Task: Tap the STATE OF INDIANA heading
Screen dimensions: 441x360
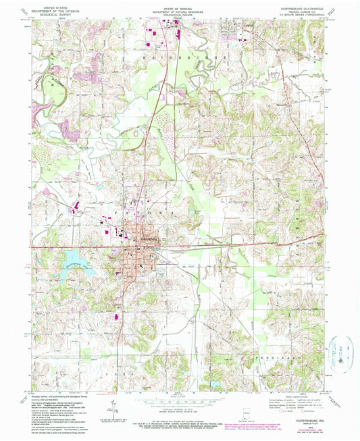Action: tap(180, 7)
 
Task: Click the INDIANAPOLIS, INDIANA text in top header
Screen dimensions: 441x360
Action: tap(180, 18)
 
